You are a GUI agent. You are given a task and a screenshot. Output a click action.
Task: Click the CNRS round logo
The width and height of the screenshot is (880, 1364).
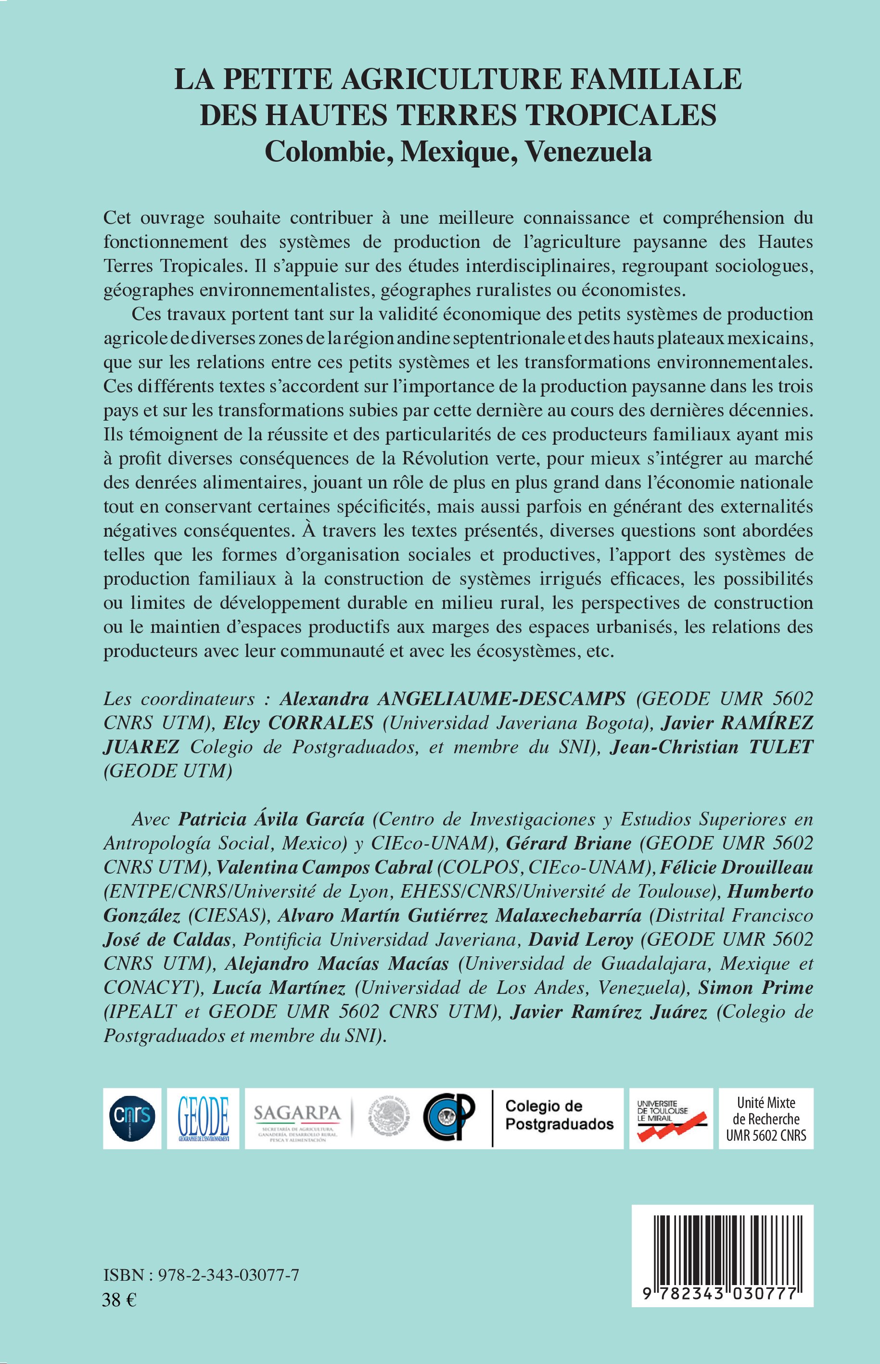click(x=132, y=1118)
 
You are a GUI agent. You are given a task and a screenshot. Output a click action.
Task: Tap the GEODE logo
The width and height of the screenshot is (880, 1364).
click(x=203, y=1118)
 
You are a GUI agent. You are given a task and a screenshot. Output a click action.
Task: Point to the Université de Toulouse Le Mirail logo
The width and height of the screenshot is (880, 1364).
click(x=670, y=1118)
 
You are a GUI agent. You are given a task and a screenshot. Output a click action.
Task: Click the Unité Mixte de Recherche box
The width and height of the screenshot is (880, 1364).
click(x=765, y=1118)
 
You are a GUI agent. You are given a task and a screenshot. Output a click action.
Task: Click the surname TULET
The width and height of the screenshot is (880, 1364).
click(x=776, y=746)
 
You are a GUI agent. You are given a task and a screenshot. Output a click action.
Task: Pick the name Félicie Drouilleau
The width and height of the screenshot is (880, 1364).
click(x=737, y=867)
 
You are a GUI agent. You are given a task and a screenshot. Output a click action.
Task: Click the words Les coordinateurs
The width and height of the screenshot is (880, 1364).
click(x=179, y=698)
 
